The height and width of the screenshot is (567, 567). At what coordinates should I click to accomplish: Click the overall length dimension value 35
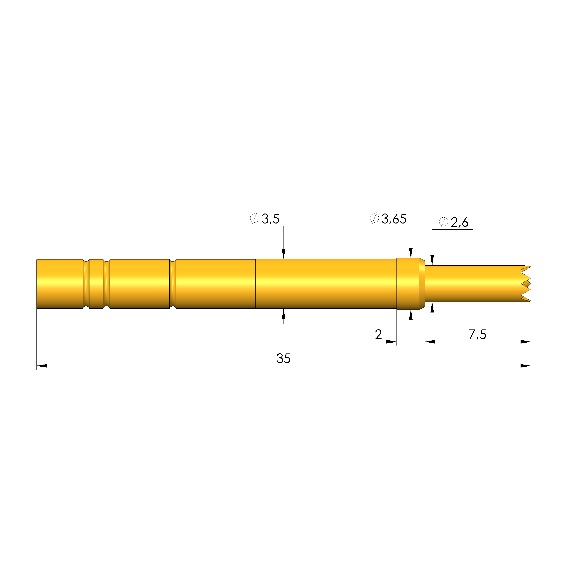point(283,358)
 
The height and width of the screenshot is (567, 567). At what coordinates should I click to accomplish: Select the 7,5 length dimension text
point(478,335)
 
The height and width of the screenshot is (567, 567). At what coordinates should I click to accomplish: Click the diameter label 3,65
point(394,219)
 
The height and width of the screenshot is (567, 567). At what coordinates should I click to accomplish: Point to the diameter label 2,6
point(460,222)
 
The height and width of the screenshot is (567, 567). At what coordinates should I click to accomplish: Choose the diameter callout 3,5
point(270,219)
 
